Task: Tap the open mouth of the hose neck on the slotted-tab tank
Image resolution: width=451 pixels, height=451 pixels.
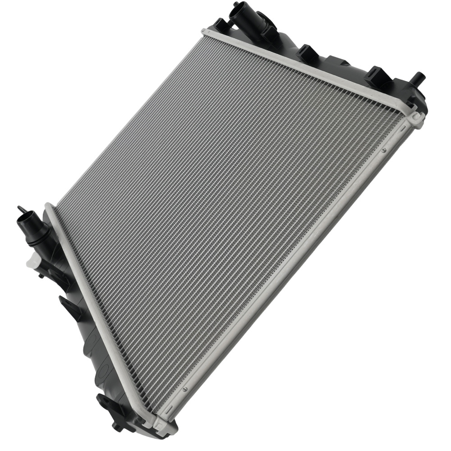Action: click(238, 9)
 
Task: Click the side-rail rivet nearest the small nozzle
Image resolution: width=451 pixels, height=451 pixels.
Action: click(384, 151)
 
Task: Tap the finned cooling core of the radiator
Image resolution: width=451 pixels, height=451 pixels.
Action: click(225, 203)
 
